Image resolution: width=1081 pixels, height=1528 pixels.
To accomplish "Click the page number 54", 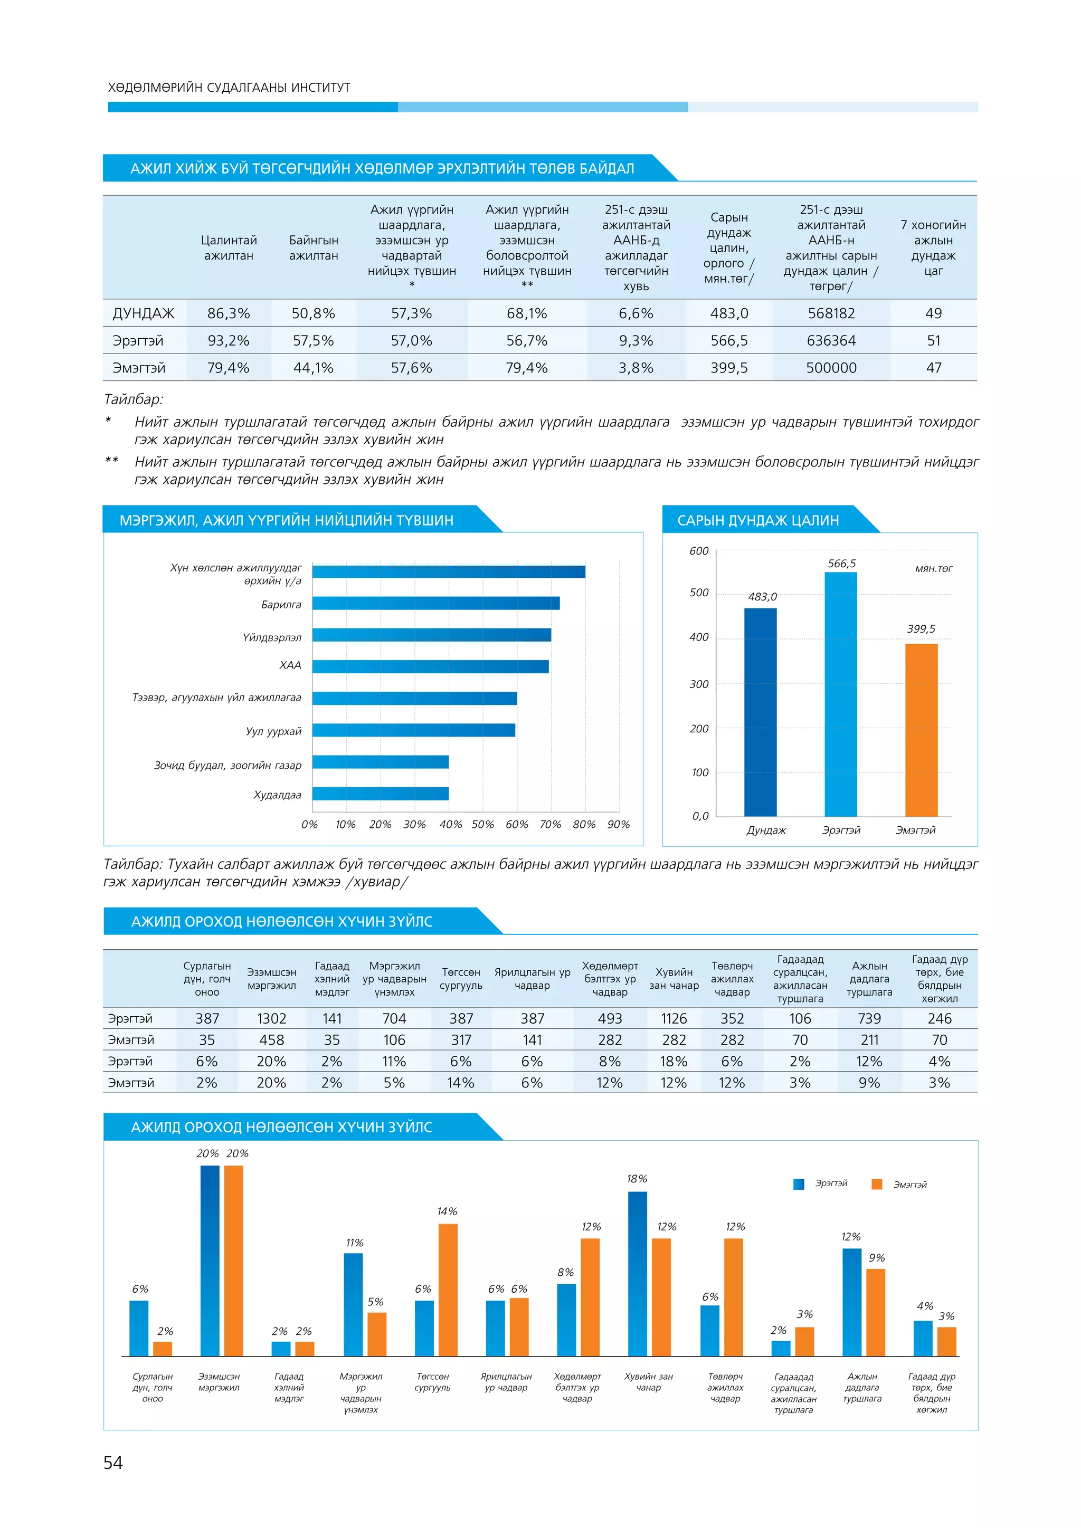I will [113, 1462].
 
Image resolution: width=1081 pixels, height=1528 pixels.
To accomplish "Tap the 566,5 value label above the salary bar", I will [841, 564].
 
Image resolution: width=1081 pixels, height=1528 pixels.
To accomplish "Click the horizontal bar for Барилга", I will [436, 603].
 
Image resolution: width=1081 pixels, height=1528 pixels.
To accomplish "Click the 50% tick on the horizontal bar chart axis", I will [482, 825].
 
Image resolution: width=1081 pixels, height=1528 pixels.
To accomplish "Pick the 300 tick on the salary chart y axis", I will [699, 684].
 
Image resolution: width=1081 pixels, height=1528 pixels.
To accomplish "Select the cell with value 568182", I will [831, 313].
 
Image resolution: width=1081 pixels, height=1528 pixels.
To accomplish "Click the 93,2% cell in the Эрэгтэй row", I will [229, 341].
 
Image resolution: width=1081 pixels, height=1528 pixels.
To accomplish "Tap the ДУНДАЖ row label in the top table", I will [144, 313].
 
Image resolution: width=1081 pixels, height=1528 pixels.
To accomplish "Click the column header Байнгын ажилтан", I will [314, 247].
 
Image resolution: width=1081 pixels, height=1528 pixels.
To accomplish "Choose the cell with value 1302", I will [272, 1018].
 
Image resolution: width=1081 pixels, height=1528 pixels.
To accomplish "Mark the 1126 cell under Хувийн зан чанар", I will [674, 1018].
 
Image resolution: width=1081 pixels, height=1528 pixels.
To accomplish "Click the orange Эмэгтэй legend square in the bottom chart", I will [877, 1184].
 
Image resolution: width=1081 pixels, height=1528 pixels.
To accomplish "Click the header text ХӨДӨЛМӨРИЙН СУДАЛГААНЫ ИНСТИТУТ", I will [229, 88].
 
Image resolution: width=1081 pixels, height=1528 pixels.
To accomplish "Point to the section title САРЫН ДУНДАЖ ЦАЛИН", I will [757, 520].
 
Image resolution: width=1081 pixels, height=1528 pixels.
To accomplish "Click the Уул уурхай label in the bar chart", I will [273, 731].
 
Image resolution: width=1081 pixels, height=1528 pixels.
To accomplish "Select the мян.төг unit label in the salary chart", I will [933, 568].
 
